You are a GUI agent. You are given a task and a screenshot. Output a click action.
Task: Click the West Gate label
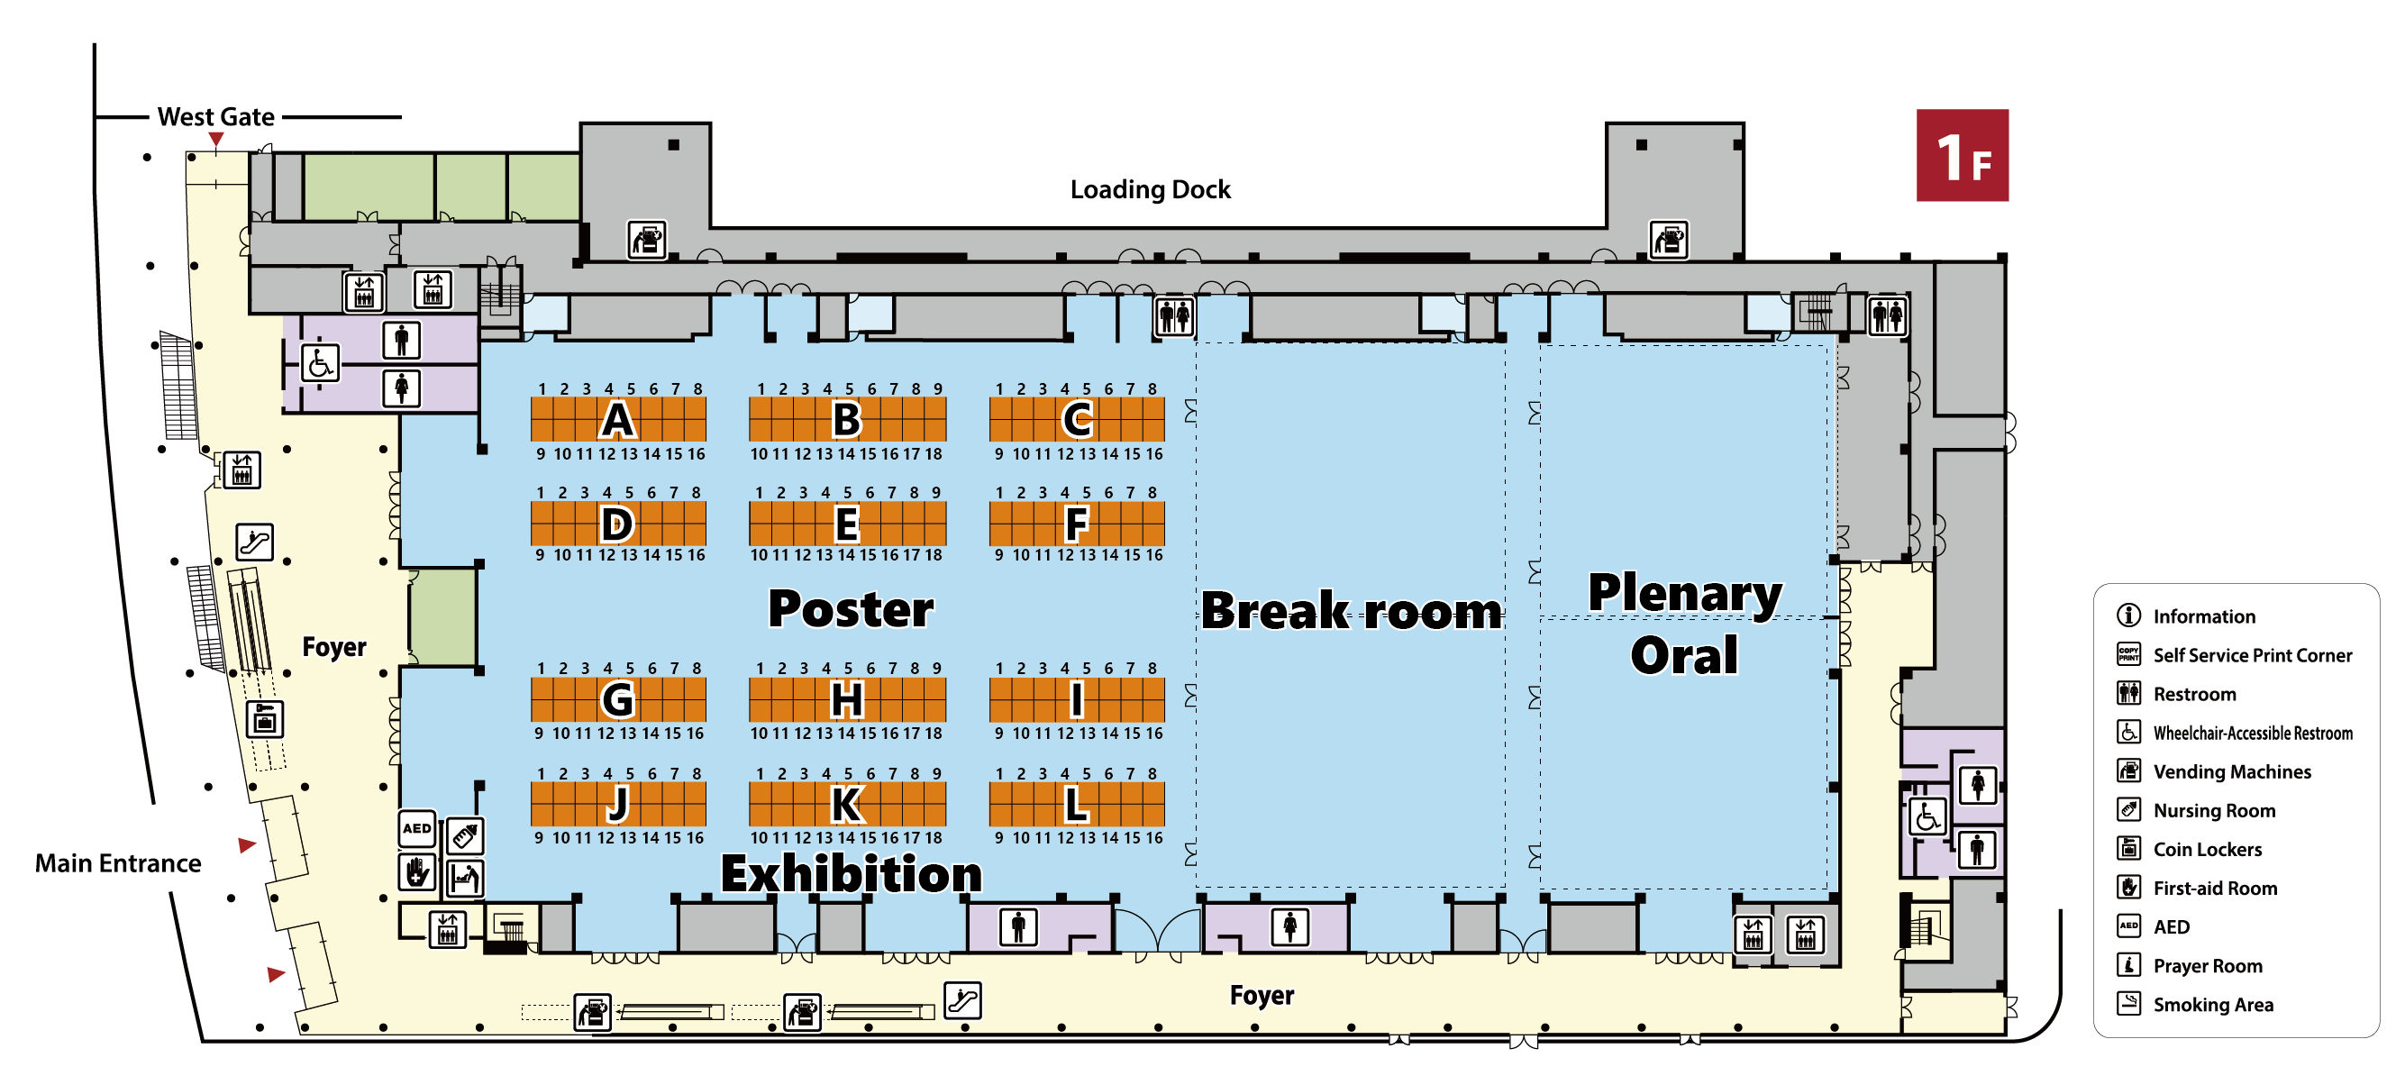tap(215, 117)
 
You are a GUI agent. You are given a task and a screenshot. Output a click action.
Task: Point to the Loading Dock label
tap(1149, 189)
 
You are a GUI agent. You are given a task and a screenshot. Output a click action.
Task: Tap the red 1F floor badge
tap(1962, 156)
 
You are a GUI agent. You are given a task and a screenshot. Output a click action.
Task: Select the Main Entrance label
tap(118, 862)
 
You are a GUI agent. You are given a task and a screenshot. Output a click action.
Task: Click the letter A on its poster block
tap(617, 419)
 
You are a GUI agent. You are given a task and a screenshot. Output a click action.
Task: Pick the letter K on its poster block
tap(847, 804)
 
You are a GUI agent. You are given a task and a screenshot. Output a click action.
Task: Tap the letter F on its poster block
tap(1077, 524)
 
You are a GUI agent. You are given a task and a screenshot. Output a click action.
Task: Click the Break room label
tap(1351, 611)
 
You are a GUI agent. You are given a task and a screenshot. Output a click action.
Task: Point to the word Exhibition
tap(851, 874)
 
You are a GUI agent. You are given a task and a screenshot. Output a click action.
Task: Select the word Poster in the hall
tap(851, 609)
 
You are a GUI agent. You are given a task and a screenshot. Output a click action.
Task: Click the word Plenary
tap(1684, 592)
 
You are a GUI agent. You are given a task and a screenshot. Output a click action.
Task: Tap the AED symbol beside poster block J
tap(416, 828)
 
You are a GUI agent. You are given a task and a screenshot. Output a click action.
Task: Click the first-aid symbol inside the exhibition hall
tap(416, 872)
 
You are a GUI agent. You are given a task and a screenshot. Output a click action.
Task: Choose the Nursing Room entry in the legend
tap(2213, 810)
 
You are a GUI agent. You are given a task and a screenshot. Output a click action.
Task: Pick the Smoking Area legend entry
tap(2212, 1005)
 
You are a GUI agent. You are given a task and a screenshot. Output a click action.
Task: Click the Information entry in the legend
tap(2202, 616)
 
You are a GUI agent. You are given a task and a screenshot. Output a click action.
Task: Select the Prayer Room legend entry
tap(2207, 965)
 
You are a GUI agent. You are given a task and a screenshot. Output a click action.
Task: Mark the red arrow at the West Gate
tap(215, 140)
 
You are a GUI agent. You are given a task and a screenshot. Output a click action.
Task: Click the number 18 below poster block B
tap(934, 454)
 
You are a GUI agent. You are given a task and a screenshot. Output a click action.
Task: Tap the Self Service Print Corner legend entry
tap(2251, 655)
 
